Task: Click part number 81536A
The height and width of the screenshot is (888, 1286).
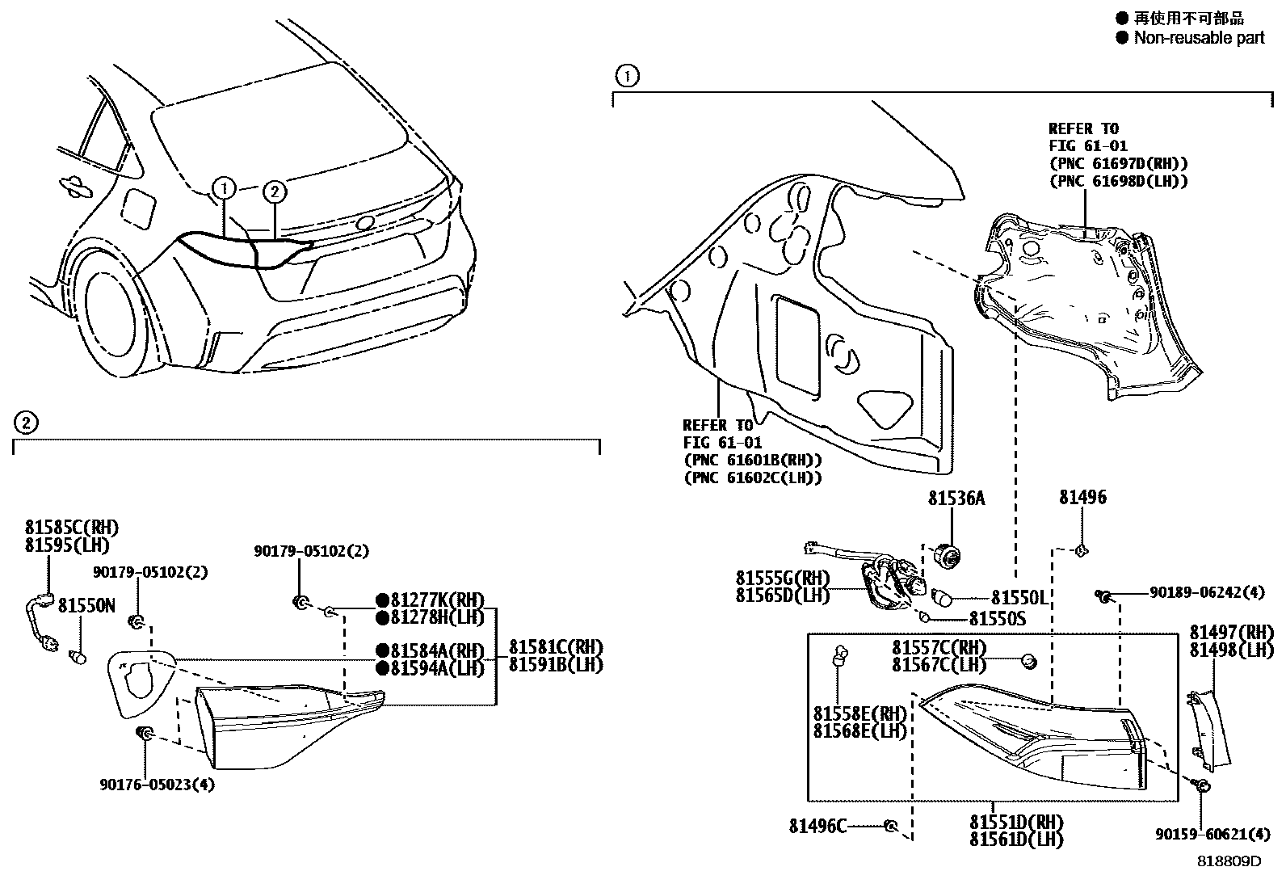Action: click(x=956, y=499)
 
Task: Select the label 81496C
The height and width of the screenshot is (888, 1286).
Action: click(x=817, y=826)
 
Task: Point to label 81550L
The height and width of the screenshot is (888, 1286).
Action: click(x=1019, y=598)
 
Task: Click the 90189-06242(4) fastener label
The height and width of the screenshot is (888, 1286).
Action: click(x=1207, y=592)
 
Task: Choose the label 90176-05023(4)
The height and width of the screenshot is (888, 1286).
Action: click(x=158, y=784)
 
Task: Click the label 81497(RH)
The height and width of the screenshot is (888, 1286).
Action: click(x=1231, y=633)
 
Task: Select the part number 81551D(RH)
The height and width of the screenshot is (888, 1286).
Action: click(x=1016, y=823)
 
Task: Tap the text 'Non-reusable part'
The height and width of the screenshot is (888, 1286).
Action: click(x=1199, y=38)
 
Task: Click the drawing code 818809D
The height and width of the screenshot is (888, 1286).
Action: click(x=1229, y=861)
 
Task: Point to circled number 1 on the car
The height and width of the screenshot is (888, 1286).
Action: click(x=224, y=189)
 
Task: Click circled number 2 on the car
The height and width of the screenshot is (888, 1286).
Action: click(x=275, y=191)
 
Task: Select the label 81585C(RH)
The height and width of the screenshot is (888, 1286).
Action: click(x=71, y=528)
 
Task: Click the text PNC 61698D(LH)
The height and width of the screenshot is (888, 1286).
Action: click(x=1118, y=181)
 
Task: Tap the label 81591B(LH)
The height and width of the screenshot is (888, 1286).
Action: click(x=556, y=665)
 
